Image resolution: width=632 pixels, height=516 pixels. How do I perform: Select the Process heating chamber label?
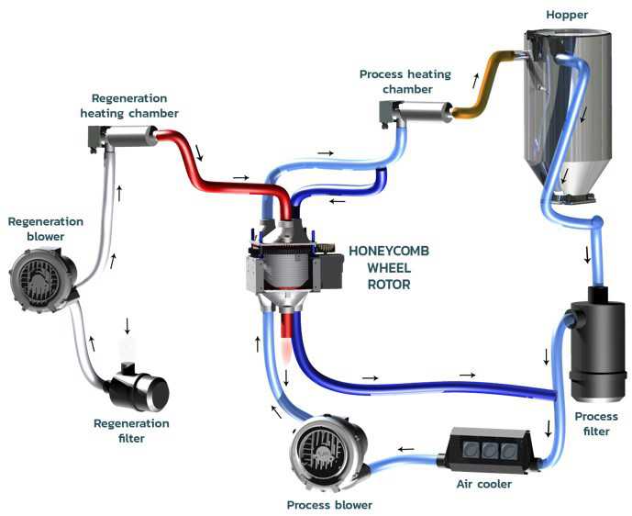pyautogui.click(x=395, y=82)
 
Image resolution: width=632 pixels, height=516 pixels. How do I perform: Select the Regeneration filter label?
pyautogui.click(x=132, y=431)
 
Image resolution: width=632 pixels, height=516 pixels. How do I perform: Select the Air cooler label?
pyautogui.click(x=482, y=483)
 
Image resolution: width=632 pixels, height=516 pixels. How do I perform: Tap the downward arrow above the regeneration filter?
pyautogui.click(x=128, y=325)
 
